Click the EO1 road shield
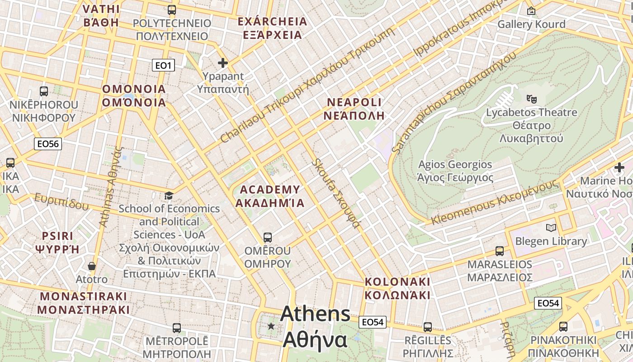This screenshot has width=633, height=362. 163,66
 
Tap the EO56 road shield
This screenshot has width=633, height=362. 48,144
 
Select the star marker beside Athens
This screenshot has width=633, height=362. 271,326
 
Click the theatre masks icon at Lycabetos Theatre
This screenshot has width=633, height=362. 531,98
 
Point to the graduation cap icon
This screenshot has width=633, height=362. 169,195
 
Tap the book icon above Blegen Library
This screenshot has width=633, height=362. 551,228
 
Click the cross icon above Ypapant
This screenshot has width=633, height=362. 223,63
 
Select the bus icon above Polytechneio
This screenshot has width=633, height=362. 172,10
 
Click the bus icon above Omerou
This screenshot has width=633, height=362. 268,237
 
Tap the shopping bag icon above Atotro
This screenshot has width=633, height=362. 92,266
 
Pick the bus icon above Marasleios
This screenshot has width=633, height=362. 500,251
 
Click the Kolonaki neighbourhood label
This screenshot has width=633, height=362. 397,288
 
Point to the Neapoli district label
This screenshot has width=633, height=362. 354,109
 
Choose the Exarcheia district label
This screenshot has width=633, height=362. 272,28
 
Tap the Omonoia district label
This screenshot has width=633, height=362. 134,95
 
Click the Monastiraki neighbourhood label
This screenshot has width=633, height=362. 84,303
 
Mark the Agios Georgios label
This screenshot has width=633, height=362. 455,171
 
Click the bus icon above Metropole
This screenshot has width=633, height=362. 177,328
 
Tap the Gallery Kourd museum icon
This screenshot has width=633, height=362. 531,10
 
